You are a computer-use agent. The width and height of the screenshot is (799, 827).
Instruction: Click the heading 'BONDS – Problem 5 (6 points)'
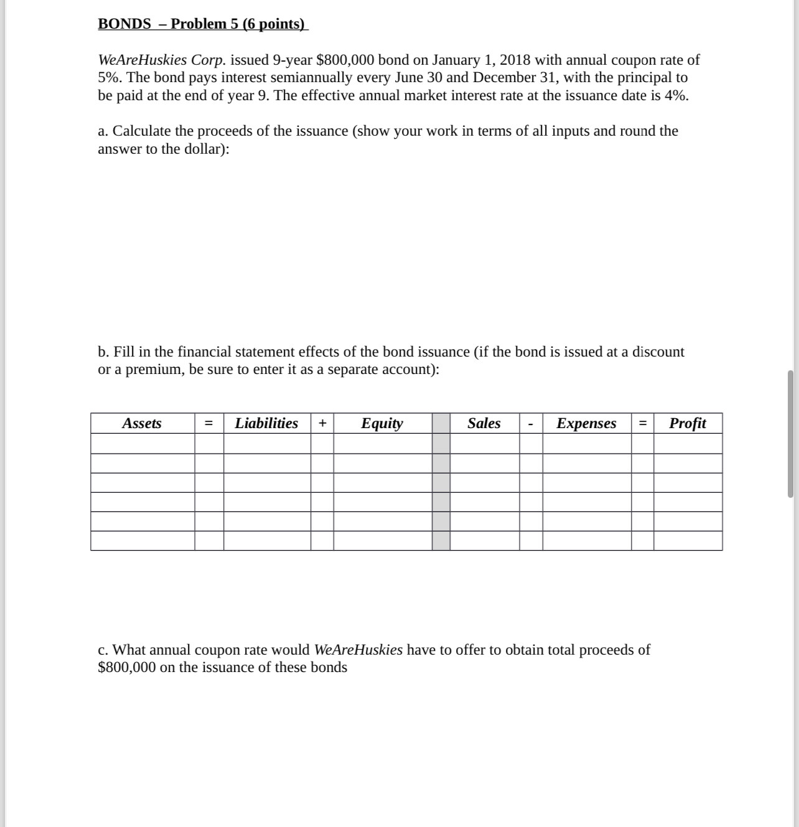[x=202, y=24]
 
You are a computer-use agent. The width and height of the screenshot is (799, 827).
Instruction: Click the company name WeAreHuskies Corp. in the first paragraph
[x=162, y=60]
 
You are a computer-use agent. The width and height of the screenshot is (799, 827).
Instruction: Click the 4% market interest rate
[x=676, y=96]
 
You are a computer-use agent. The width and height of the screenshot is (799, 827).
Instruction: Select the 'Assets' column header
[x=142, y=423]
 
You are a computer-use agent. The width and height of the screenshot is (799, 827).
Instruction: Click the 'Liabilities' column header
[x=266, y=423]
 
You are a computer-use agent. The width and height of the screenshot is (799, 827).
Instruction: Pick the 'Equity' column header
[x=382, y=423]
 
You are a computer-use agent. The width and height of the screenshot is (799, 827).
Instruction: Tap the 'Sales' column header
[x=484, y=423]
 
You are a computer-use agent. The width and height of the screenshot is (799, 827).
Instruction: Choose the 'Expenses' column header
[x=586, y=423]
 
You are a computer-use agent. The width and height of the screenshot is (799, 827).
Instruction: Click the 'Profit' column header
[x=688, y=423]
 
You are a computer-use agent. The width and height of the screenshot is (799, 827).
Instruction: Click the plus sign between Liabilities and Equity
[x=322, y=423]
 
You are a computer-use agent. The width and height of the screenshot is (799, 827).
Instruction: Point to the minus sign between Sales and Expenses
[x=531, y=424]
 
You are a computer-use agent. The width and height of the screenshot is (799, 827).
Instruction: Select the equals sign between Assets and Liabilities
[x=209, y=423]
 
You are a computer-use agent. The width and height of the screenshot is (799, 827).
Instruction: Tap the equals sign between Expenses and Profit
[x=642, y=423]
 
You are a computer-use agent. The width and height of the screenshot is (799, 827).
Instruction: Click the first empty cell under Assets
[x=142, y=444]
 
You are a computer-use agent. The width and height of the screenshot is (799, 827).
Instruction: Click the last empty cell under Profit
[x=688, y=541]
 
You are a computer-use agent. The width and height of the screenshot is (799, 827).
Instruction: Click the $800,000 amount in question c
[x=127, y=668]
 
